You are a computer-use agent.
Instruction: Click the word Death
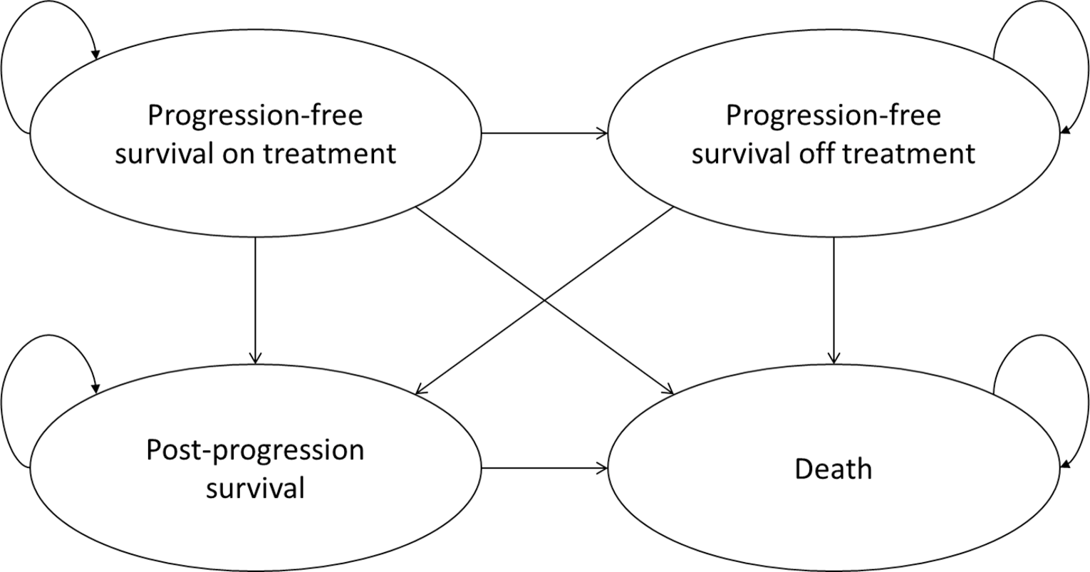tap(833, 469)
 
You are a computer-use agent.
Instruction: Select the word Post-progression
tap(255, 450)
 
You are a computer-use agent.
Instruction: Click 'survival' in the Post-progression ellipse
tap(255, 488)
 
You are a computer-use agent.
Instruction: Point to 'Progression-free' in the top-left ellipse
tap(255, 115)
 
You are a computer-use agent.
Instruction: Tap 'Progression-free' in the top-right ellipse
tap(833, 115)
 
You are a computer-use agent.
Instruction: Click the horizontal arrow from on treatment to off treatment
tap(544, 133)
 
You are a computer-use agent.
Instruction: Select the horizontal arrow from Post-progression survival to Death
tap(544, 468)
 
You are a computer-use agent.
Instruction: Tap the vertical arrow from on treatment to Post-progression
tap(255, 299)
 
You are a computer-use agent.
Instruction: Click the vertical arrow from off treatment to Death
tap(834, 299)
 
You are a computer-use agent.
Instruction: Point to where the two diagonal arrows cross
tap(545, 300)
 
